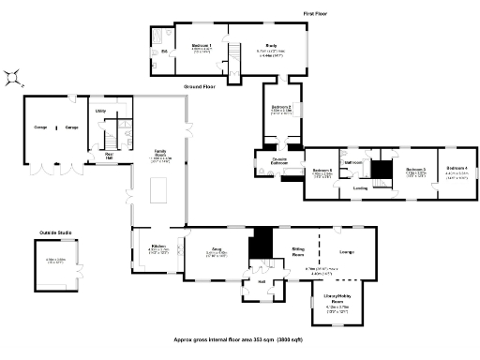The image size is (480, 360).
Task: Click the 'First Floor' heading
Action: (x=315, y=13)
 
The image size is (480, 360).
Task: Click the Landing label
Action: (x=359, y=188)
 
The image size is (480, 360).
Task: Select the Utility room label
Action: (x=100, y=111)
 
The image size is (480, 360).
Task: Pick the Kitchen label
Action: (x=157, y=247)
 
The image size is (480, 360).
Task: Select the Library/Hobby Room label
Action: (x=337, y=298)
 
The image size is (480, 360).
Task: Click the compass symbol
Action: (x=14, y=78)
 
